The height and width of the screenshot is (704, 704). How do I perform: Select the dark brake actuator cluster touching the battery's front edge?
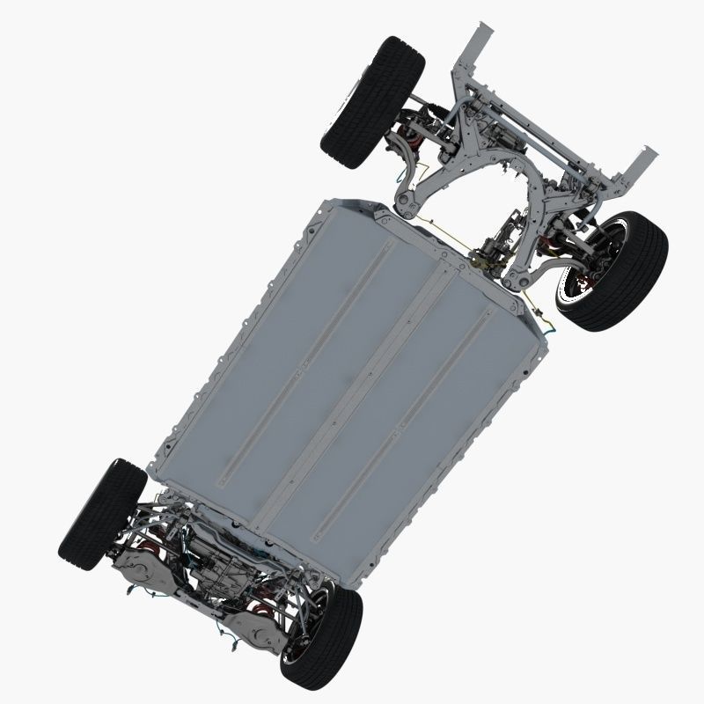487,258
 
